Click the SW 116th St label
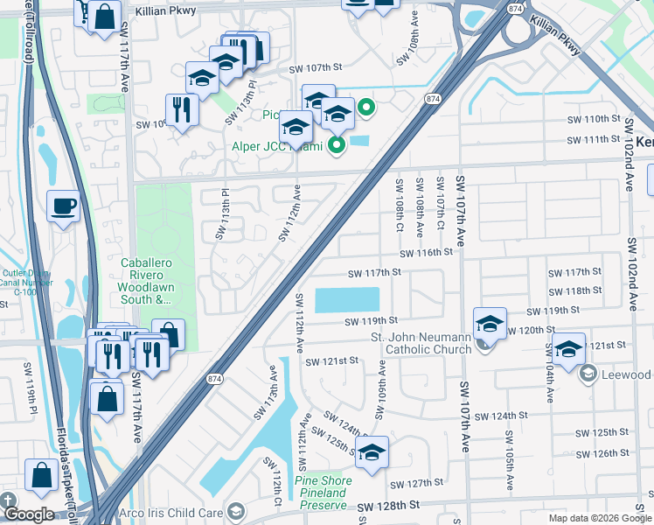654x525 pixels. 427,253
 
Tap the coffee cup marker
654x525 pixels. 63,207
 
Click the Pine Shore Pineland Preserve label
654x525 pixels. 324,487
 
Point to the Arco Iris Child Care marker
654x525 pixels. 235,511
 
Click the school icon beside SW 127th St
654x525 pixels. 372,453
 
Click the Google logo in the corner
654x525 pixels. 28,514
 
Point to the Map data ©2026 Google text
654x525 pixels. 600,518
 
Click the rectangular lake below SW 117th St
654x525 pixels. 347,300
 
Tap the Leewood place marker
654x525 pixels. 588,374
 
